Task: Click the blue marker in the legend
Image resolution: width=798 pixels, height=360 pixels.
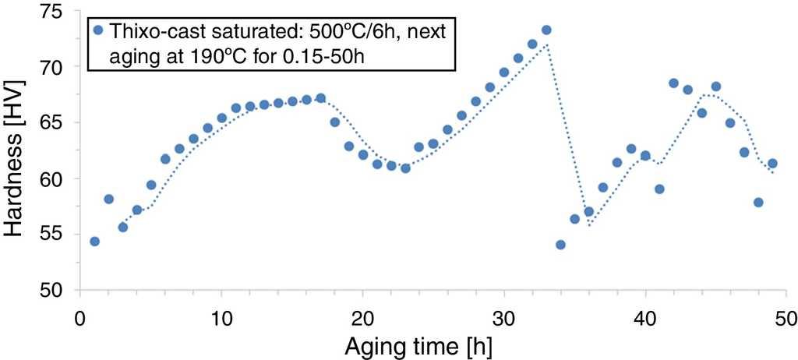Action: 98,31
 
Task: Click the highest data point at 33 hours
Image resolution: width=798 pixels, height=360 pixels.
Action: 546,30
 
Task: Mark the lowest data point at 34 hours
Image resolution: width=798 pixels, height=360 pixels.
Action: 560,245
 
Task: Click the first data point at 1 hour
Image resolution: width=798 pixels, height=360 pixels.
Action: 94,242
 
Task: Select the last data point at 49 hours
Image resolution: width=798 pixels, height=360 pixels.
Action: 772,164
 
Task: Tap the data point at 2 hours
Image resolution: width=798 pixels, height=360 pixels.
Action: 108,199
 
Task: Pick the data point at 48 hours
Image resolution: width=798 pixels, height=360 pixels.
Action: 758,203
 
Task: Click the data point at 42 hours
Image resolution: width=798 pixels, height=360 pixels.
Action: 673,83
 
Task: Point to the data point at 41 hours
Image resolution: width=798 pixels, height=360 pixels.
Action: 659,189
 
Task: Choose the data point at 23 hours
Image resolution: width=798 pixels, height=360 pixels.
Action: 405,168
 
